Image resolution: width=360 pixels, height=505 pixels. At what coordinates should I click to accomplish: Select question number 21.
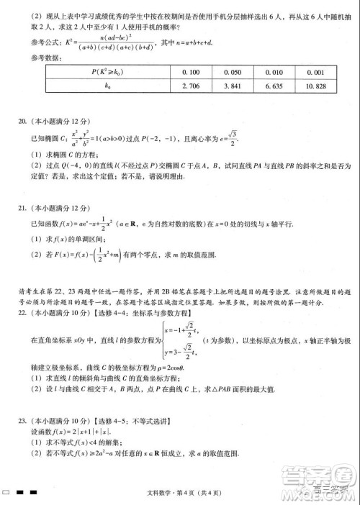(22, 209)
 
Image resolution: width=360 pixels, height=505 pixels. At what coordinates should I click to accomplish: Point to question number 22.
(22, 314)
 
